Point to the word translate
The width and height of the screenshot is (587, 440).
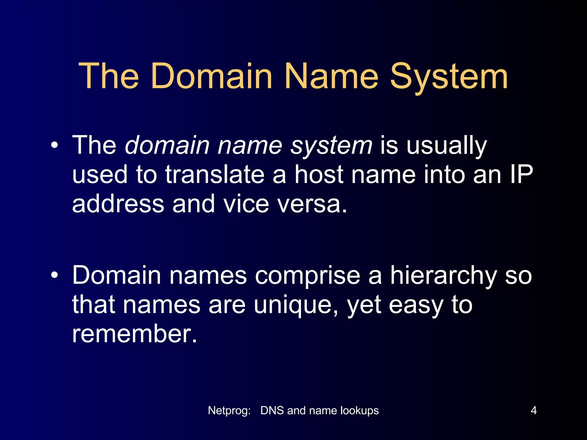215,175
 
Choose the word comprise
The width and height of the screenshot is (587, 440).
308,276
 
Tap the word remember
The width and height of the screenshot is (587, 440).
134,334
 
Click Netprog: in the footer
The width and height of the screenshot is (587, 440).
229,410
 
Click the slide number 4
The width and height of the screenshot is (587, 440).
534,410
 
